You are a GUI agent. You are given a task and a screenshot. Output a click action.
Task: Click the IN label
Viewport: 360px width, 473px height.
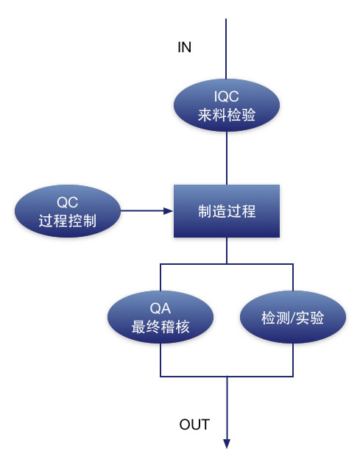(184, 47)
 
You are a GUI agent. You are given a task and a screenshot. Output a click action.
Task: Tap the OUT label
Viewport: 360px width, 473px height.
(194, 424)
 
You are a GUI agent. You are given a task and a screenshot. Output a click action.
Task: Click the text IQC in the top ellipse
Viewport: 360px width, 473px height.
(226, 96)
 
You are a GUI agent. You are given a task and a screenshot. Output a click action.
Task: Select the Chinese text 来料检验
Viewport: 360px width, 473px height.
(227, 115)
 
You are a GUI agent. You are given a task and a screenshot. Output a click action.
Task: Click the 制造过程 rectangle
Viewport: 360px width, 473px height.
(227, 211)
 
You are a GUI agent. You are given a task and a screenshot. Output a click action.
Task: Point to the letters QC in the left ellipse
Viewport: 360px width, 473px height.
(67, 202)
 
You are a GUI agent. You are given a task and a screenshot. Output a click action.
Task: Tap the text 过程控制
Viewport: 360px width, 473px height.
(67, 221)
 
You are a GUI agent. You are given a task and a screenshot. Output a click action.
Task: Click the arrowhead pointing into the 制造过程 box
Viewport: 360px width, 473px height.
(169, 210)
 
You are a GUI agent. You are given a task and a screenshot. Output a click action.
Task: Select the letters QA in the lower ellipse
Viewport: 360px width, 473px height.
(160, 308)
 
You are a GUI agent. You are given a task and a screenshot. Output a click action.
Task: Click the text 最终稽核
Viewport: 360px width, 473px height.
(160, 327)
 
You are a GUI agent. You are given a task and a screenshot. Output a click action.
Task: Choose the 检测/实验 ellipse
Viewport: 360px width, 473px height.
(293, 317)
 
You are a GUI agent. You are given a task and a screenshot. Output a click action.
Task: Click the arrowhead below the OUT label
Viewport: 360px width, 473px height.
(227, 444)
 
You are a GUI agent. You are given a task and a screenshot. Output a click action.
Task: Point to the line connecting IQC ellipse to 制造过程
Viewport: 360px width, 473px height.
(227, 158)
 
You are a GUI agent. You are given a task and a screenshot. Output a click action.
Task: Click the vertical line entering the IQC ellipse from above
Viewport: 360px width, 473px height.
(226, 49)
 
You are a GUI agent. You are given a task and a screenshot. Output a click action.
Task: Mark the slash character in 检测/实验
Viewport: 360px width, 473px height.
(292, 318)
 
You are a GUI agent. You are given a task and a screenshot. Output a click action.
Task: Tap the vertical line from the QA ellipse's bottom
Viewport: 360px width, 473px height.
(160, 360)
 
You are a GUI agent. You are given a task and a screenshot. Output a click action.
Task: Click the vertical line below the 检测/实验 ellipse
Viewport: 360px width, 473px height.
(293, 360)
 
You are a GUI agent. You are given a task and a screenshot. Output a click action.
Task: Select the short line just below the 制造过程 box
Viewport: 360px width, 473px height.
(227, 251)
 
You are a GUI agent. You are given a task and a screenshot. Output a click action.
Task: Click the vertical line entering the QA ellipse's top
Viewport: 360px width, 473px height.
(160, 277)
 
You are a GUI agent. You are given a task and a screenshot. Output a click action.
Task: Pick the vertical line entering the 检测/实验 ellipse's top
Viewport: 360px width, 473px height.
(293, 277)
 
